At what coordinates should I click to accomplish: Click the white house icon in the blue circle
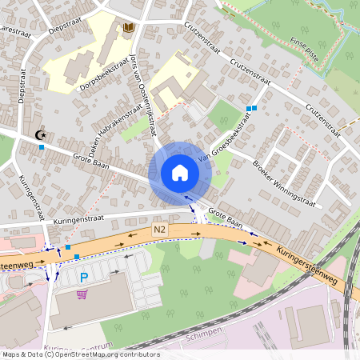tap(180, 173)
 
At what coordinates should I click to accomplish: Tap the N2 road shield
tap(160, 230)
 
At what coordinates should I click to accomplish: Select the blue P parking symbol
tap(83, 278)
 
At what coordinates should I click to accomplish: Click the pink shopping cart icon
tap(82, 294)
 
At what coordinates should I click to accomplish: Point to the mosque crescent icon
tap(41, 135)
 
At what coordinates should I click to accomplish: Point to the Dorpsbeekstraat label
tap(105, 78)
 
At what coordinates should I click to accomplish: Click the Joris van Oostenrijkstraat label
tap(142, 88)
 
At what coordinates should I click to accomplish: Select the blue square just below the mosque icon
tap(42, 148)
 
